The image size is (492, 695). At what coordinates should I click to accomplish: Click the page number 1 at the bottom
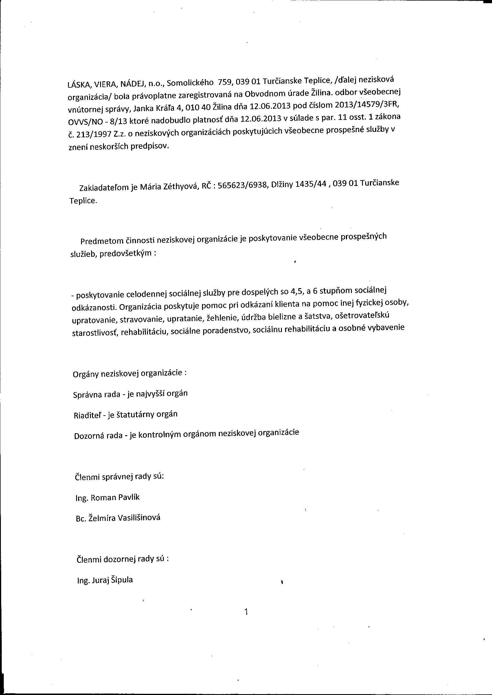[x=246, y=612]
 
